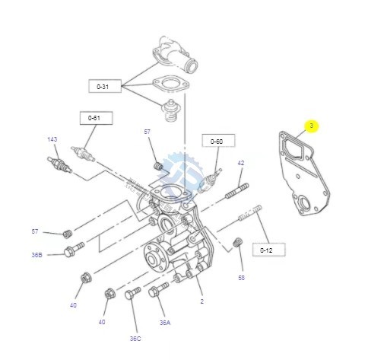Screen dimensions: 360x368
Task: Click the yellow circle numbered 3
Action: (311, 125)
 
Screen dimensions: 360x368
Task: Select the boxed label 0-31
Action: (103, 86)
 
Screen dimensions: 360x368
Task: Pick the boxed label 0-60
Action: (217, 141)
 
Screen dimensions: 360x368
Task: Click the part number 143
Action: (52, 139)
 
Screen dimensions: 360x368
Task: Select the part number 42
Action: (240, 163)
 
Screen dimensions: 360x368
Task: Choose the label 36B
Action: (36, 255)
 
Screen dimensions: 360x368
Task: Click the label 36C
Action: (135, 339)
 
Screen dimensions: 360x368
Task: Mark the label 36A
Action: (165, 323)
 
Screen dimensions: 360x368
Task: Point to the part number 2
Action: (201, 301)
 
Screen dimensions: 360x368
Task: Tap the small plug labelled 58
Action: (236, 243)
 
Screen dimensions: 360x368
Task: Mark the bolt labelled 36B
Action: (72, 248)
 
